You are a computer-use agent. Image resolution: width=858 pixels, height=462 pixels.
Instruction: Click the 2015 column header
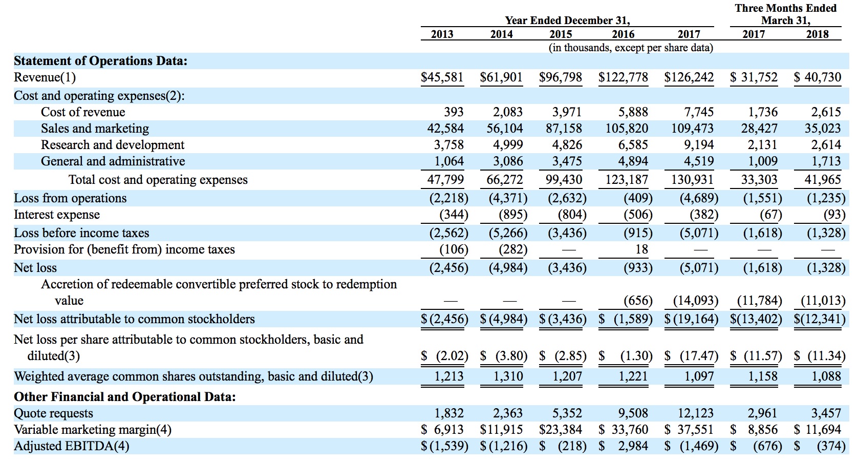tap(561, 34)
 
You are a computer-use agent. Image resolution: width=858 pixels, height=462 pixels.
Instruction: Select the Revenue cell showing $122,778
tap(623, 77)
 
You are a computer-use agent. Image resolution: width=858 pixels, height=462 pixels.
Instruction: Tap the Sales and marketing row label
tap(95, 129)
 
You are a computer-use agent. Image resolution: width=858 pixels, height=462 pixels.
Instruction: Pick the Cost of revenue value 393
tap(454, 112)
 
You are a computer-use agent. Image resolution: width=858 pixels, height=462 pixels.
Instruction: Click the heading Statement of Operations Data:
tap(100, 61)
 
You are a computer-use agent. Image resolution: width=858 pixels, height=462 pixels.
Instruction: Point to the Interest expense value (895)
tap(512, 215)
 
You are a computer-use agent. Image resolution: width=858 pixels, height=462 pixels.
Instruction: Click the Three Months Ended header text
tap(785, 8)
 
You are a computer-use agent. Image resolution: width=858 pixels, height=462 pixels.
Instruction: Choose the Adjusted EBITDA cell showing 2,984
tap(633, 446)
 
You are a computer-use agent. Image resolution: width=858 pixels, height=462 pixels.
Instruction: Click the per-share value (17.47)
tap(699, 356)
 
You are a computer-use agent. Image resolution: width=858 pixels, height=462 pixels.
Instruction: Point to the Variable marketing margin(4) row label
tap(93, 430)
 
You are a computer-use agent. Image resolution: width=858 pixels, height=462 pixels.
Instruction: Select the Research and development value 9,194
tap(699, 145)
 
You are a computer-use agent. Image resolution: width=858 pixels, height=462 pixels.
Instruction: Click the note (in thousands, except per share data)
tap(631, 48)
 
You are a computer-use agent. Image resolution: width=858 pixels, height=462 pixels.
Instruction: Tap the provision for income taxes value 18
tap(641, 249)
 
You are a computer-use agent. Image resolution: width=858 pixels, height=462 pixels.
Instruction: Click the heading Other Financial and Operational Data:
tap(125, 397)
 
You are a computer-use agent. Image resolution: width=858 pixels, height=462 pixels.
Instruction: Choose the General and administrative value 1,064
tap(449, 161)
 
